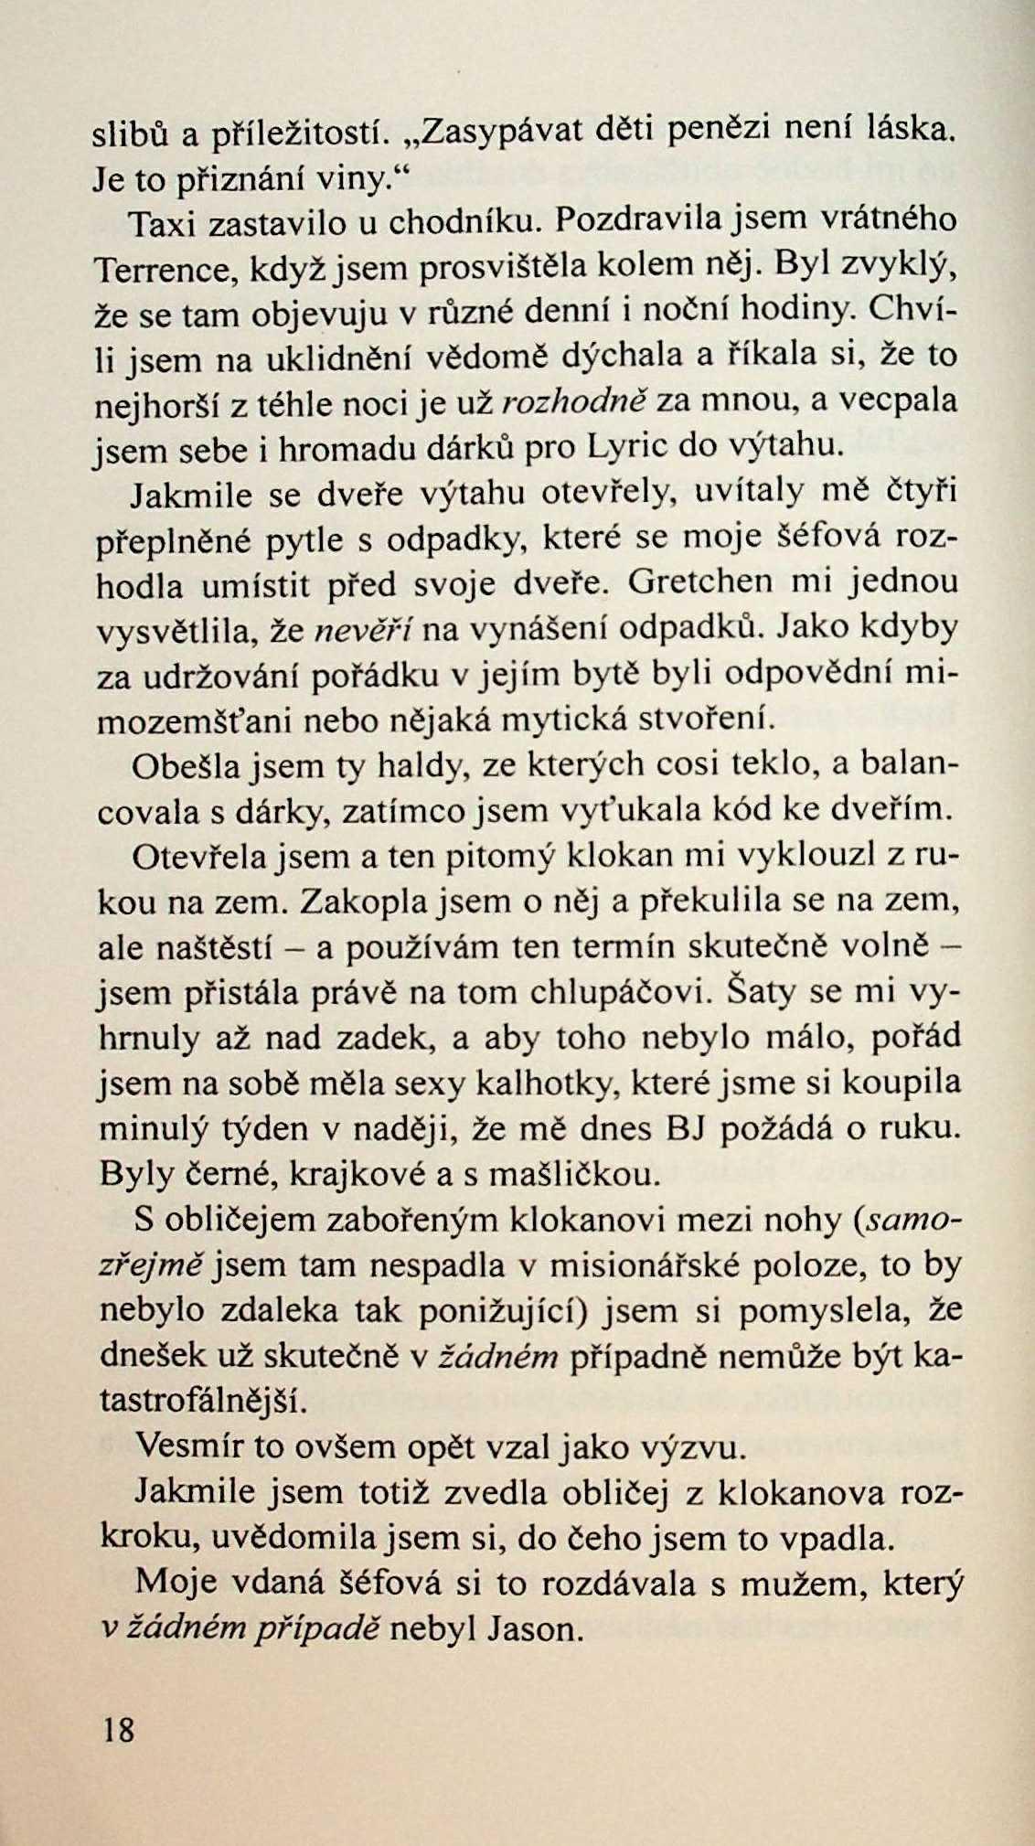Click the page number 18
[119, 1729]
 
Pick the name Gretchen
[709, 583]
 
